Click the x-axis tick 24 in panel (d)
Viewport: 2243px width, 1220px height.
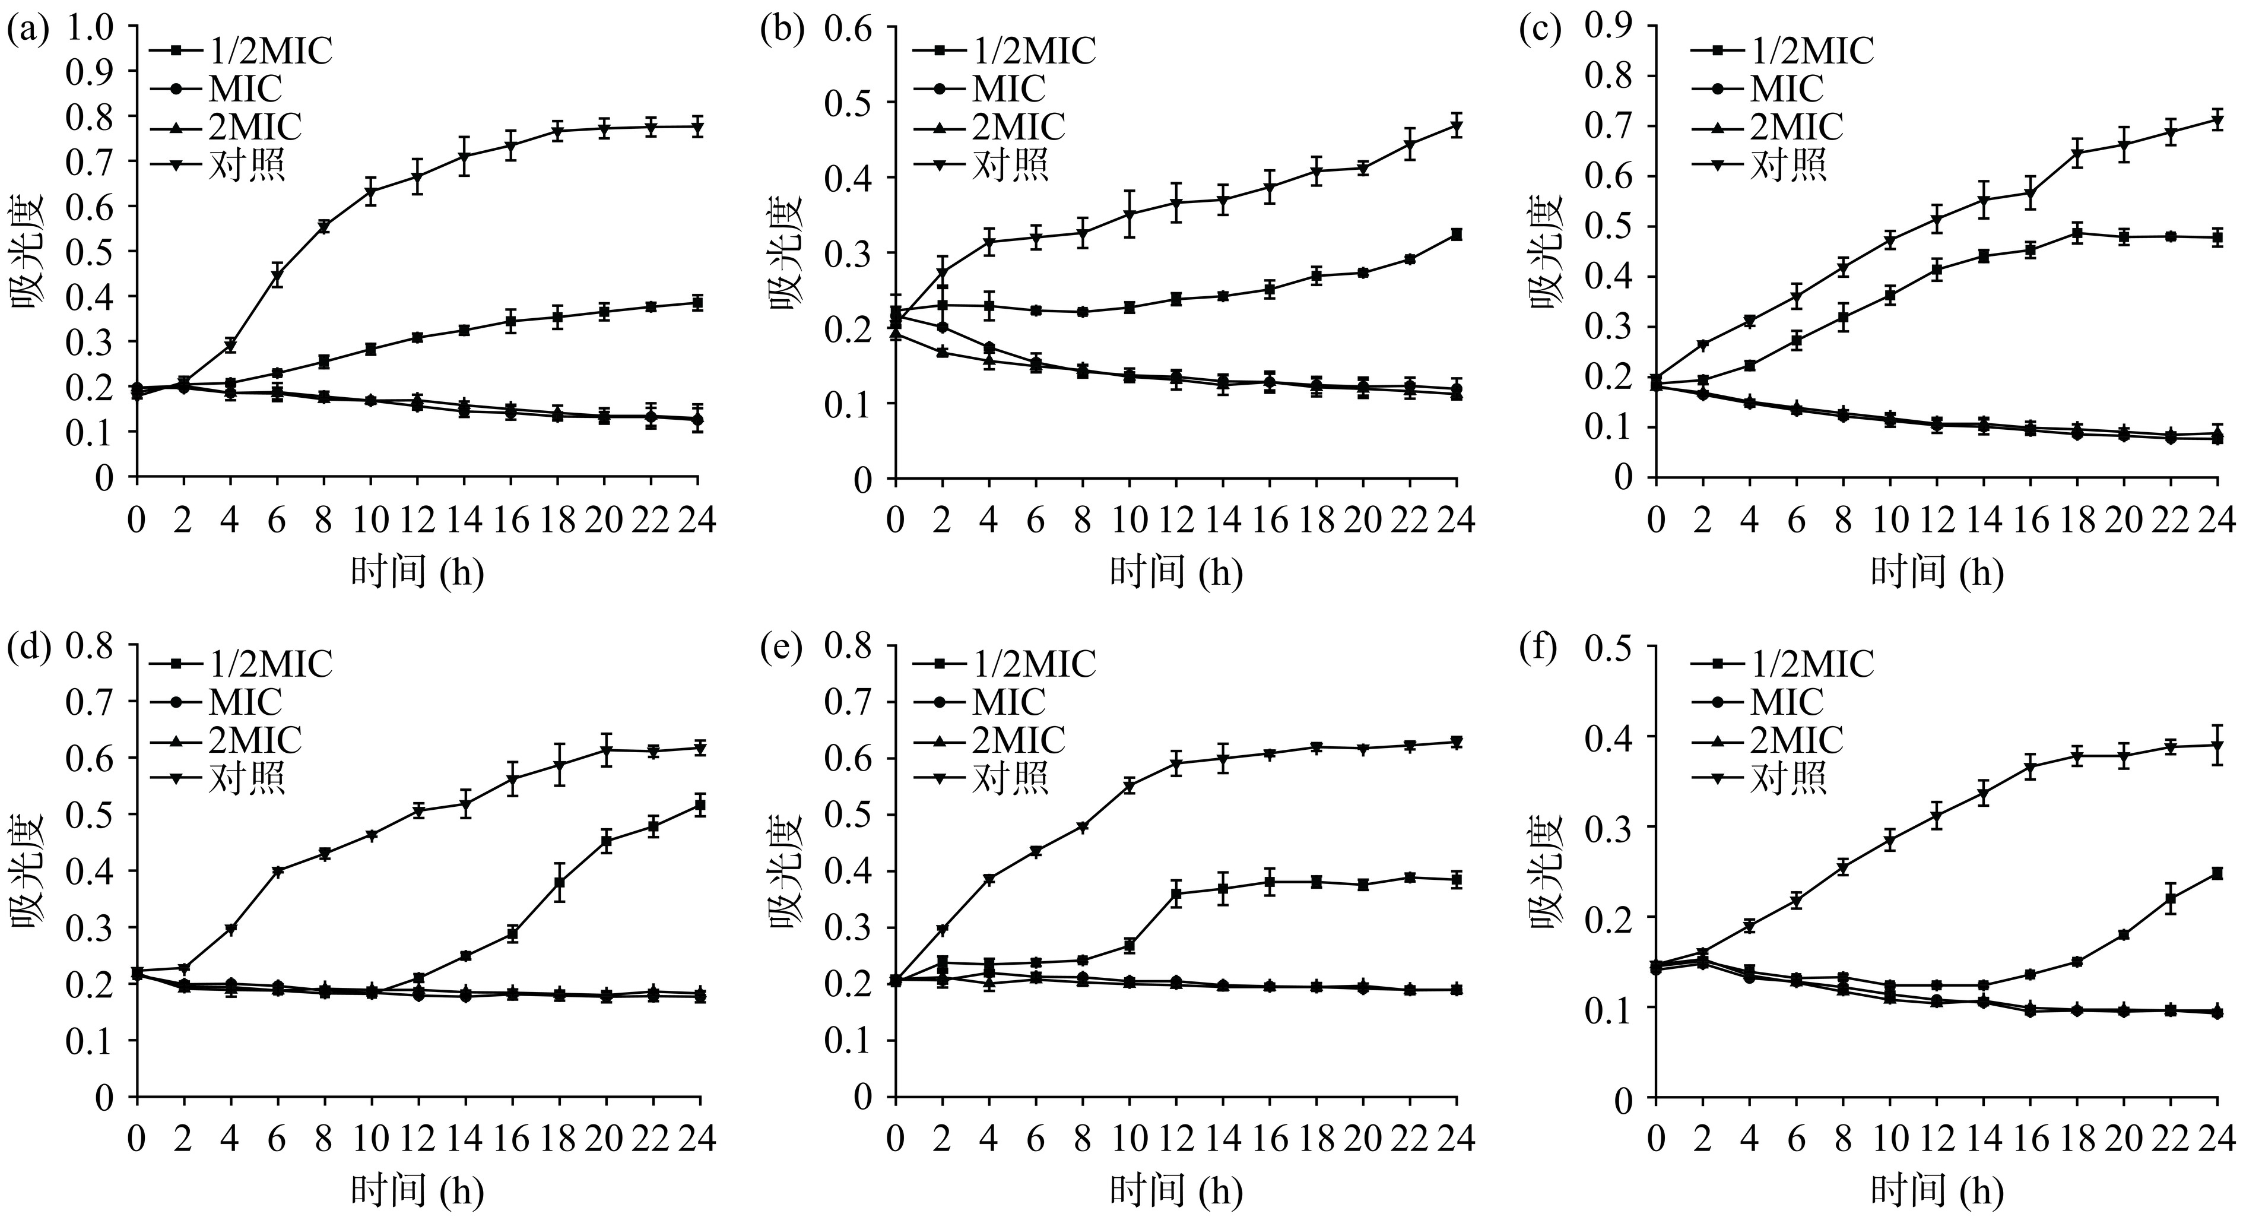click(699, 1139)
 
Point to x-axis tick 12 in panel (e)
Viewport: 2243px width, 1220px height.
click(1176, 1139)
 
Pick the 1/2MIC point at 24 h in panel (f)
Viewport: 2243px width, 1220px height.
click(2217, 873)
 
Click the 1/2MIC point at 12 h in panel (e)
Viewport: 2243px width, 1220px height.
click(1176, 894)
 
